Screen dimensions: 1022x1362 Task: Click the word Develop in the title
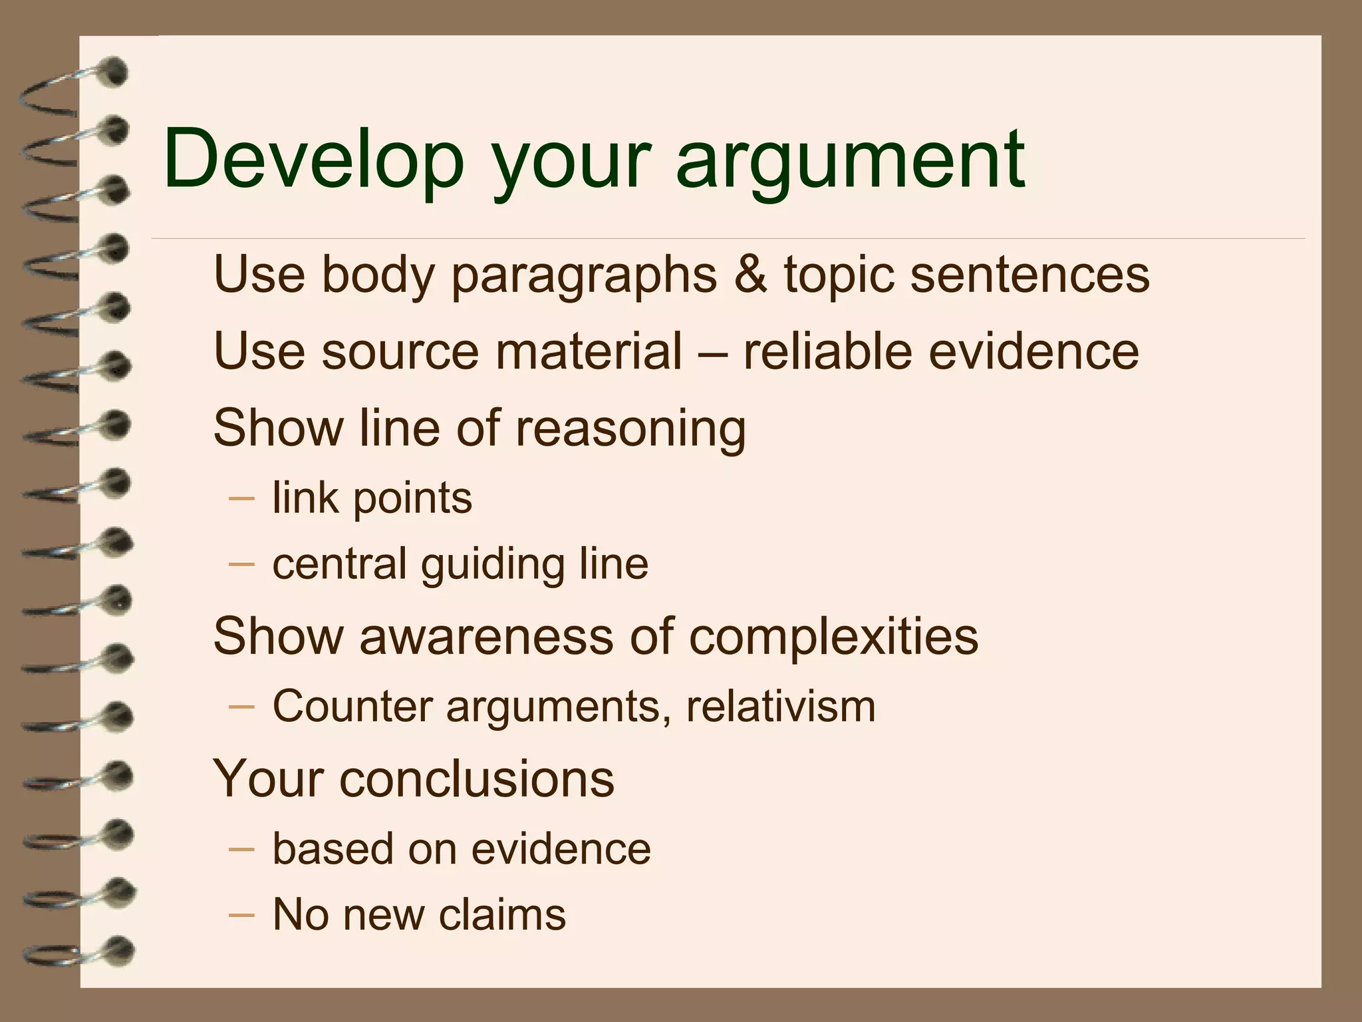[313, 160]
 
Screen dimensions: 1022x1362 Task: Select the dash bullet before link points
[241, 498]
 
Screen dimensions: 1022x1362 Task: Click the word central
[339, 564]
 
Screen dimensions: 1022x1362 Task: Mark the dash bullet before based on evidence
[241, 849]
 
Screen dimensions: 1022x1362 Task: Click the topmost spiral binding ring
[73, 83]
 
